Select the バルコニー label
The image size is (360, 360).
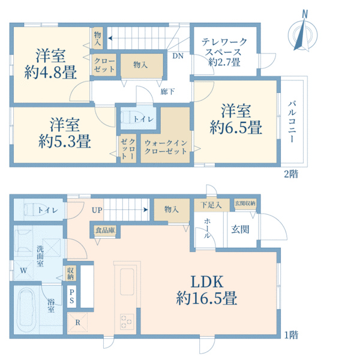pos(292,122)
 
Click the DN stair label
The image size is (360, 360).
pos(178,56)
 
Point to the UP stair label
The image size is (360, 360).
pos(97,210)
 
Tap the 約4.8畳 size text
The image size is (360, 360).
pos(50,72)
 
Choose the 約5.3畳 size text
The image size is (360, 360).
pos(65,141)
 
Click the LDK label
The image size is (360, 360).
pos(207,282)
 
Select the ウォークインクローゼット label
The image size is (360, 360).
pos(166,147)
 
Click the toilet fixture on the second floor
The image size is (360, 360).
pos(131,118)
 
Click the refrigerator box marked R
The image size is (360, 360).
pos(77,322)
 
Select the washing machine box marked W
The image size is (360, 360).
pos(23,271)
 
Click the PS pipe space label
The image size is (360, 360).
pos(71,296)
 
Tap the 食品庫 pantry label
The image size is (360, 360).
pos(105,230)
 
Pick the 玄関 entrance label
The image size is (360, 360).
pos(240,229)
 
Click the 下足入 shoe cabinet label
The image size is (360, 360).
pos(211,205)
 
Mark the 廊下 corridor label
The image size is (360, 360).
pos(167,92)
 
